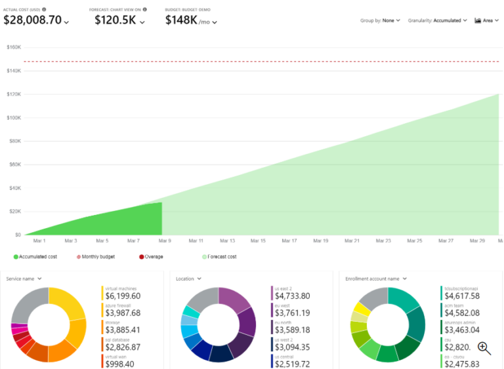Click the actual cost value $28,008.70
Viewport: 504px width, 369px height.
pos(33,20)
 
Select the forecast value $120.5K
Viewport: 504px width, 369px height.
pos(115,20)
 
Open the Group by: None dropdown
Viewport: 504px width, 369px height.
pos(380,20)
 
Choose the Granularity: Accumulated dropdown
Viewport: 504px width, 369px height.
pos(437,20)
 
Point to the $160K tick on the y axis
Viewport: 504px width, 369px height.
pos(13,47)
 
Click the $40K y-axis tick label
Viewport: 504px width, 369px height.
pos(13,188)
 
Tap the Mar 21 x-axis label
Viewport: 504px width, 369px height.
pos(352,241)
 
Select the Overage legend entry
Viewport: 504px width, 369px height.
pos(152,257)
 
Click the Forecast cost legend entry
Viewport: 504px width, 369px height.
pos(220,257)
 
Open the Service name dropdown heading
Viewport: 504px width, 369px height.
pos(24,279)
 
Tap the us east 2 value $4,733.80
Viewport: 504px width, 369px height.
pos(292,296)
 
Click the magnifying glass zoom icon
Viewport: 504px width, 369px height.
pos(484,348)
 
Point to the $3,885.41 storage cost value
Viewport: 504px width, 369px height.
pos(123,330)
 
